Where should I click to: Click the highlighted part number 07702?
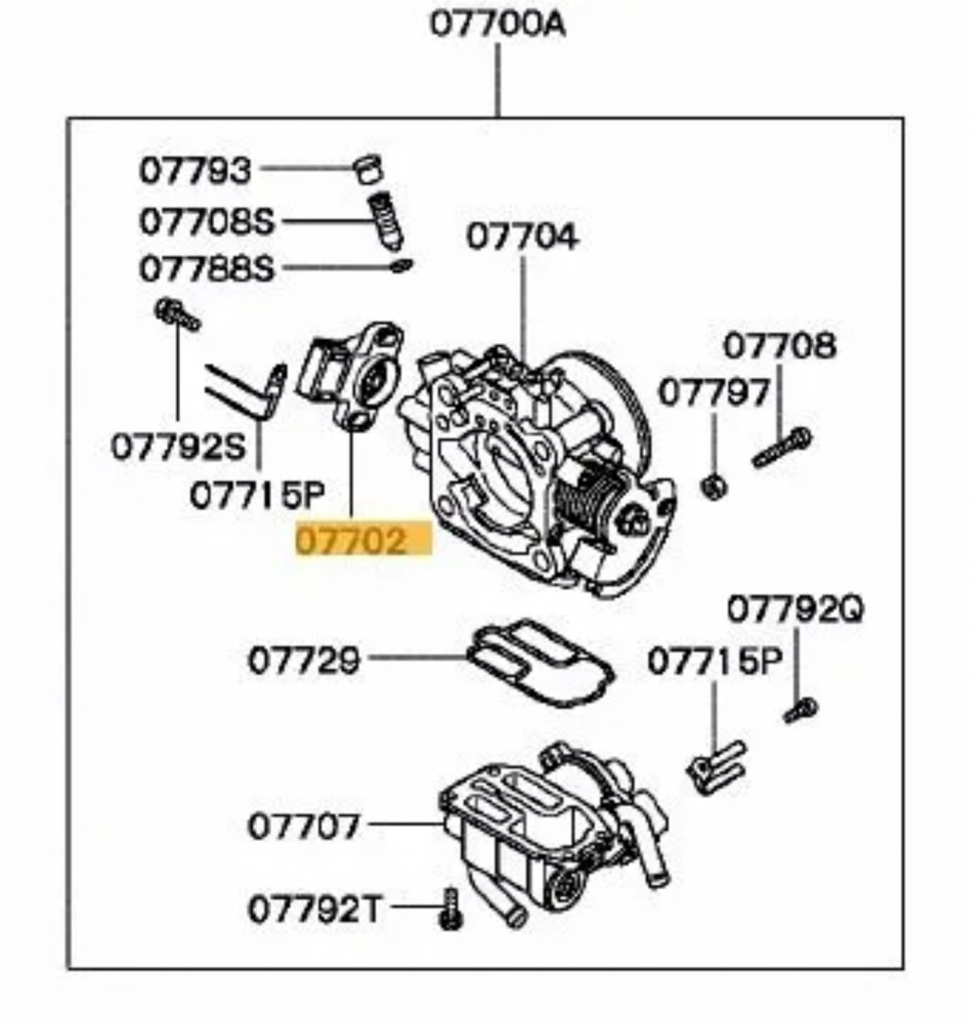click(352, 542)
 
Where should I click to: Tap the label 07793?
click(196, 171)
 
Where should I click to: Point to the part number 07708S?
click(207, 222)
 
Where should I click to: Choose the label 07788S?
click(207, 269)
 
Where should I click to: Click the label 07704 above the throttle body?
click(521, 237)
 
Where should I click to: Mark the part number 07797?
click(714, 391)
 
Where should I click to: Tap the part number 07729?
click(304, 660)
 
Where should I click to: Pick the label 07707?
click(304, 826)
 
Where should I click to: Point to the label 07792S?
click(178, 445)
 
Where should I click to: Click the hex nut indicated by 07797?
click(715, 487)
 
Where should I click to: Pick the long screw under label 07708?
click(781, 447)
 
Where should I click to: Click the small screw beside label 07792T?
click(449, 908)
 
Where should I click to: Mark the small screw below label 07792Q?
click(800, 710)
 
